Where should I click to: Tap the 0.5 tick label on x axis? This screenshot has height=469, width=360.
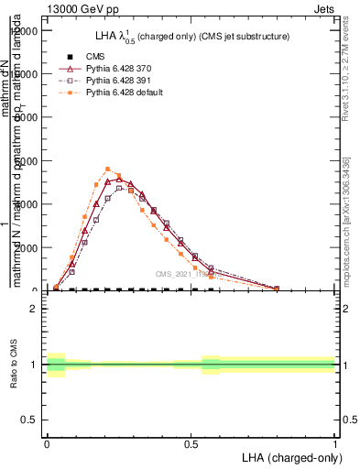pos(191,443)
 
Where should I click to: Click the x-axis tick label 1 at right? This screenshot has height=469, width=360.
pos(334,443)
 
